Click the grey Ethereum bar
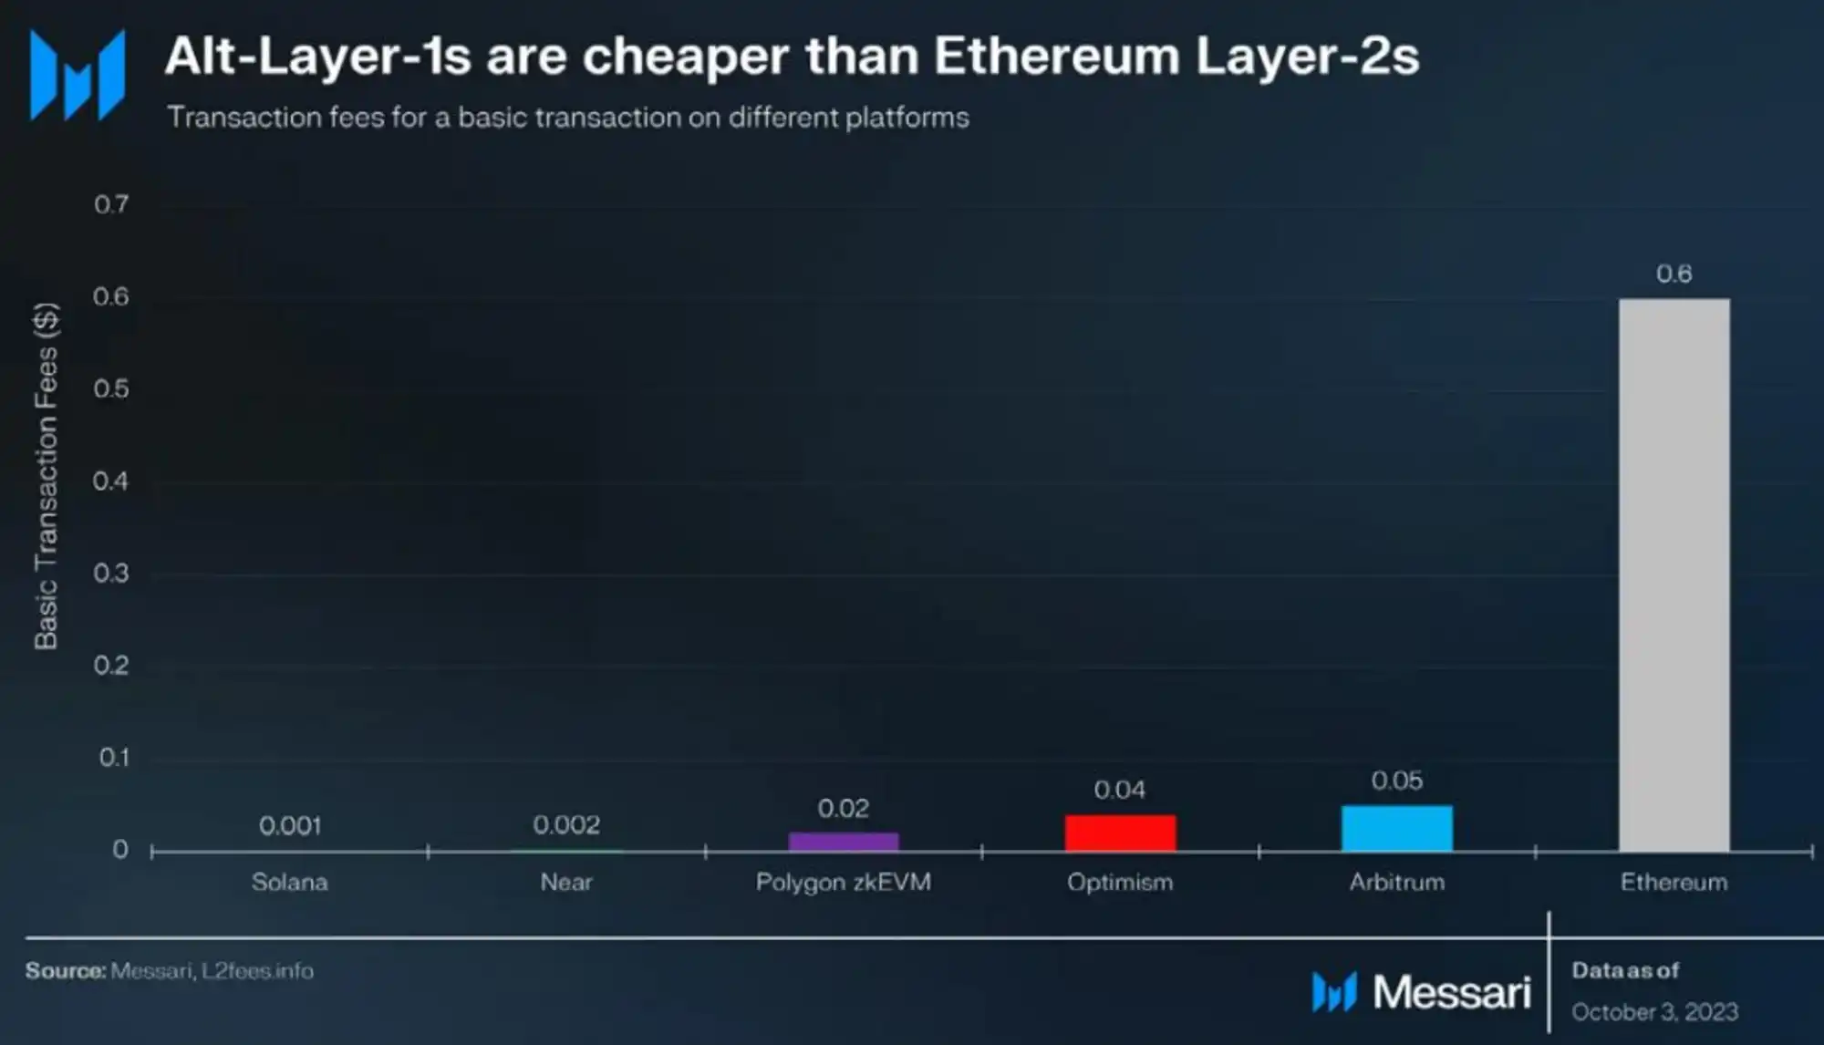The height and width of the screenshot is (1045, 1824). (x=1674, y=574)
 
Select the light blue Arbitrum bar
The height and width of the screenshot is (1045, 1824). (x=1396, y=828)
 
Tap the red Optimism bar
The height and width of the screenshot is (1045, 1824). (x=1120, y=833)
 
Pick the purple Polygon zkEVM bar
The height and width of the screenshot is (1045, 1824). (x=843, y=842)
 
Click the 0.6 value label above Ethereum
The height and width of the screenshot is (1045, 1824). (x=1674, y=274)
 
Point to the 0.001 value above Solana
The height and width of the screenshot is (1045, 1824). (x=290, y=826)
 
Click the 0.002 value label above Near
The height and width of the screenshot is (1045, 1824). (x=566, y=825)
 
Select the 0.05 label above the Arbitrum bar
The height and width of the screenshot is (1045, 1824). (x=1396, y=781)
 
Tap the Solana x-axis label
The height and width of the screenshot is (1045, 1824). (x=290, y=882)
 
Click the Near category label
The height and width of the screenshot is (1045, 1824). (x=566, y=882)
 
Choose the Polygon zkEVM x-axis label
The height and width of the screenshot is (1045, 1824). (x=843, y=882)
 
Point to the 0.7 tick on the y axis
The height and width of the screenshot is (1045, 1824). (x=111, y=204)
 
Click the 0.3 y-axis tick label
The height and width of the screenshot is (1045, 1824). (x=111, y=574)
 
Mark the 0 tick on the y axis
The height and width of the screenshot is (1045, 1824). (x=120, y=850)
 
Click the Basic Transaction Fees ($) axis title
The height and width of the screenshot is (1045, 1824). (x=47, y=476)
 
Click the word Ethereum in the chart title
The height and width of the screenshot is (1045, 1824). (x=1056, y=57)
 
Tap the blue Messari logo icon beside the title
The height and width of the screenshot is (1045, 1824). (x=78, y=75)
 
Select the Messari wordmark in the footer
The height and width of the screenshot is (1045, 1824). (x=1451, y=992)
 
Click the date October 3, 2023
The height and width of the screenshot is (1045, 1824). (x=1654, y=1012)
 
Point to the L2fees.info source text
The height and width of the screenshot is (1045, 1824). (x=257, y=971)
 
